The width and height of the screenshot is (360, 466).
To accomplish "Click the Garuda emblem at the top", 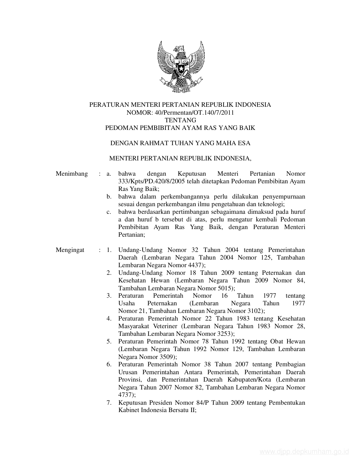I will click(x=180, y=66).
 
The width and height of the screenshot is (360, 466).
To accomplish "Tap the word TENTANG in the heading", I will click(x=180, y=120).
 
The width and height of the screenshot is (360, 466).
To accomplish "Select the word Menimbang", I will click(x=72, y=174).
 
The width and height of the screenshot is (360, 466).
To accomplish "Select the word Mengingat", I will click(x=70, y=250).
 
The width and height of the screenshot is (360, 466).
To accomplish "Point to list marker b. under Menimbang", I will click(x=109, y=197).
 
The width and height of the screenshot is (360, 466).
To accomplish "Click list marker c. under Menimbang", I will click(x=109, y=212).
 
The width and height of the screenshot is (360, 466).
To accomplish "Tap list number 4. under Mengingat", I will click(x=109, y=319).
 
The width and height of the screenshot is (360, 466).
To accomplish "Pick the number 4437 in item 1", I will click(x=195, y=265).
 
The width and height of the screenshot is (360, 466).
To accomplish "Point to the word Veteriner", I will click(x=165, y=326).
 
